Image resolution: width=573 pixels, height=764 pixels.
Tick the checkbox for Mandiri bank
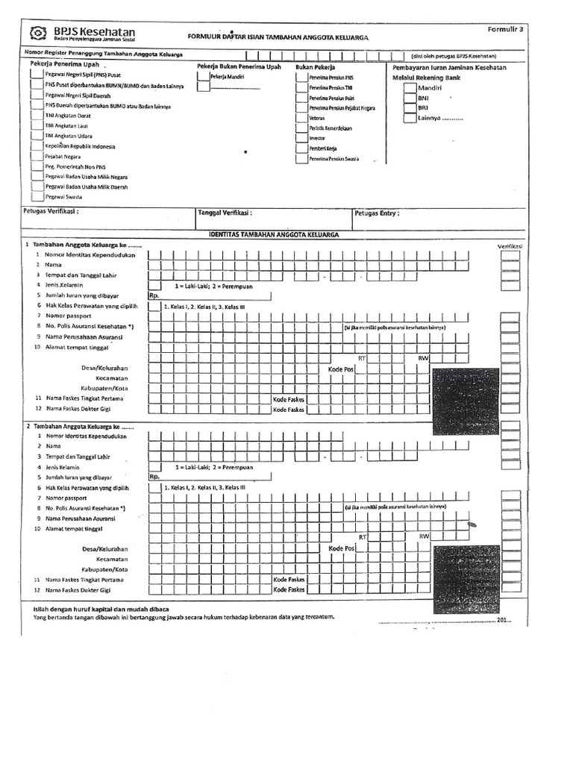410,88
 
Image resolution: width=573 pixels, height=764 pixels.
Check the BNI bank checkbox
410,98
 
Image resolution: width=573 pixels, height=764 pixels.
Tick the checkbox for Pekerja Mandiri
203,77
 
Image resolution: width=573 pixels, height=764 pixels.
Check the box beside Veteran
304,118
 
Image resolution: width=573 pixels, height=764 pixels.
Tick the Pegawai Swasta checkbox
37,196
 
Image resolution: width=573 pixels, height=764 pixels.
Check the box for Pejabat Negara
37,157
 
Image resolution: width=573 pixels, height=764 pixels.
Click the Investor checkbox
304,138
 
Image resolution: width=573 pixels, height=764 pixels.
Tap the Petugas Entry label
377,213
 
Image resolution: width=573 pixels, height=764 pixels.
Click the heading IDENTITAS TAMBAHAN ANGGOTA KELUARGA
272,234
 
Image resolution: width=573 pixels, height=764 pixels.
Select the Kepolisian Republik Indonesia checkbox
37,146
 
